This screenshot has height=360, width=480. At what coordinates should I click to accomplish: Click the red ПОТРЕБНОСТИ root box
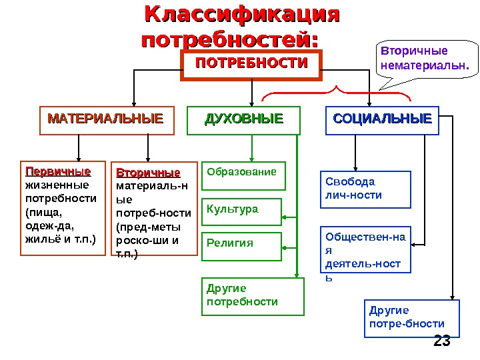point(251,63)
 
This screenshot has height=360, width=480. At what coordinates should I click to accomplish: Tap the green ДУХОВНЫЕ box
point(243,120)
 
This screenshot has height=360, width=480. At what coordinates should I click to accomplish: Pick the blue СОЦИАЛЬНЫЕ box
point(382,120)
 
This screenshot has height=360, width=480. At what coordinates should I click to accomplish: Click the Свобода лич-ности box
point(367,189)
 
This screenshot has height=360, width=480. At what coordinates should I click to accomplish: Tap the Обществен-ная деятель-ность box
point(367,250)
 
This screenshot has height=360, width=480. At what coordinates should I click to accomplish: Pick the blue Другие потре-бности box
point(413,317)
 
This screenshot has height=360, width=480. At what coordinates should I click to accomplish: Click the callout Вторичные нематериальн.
point(423,59)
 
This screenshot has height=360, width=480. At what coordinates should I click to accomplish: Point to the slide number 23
point(442,341)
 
